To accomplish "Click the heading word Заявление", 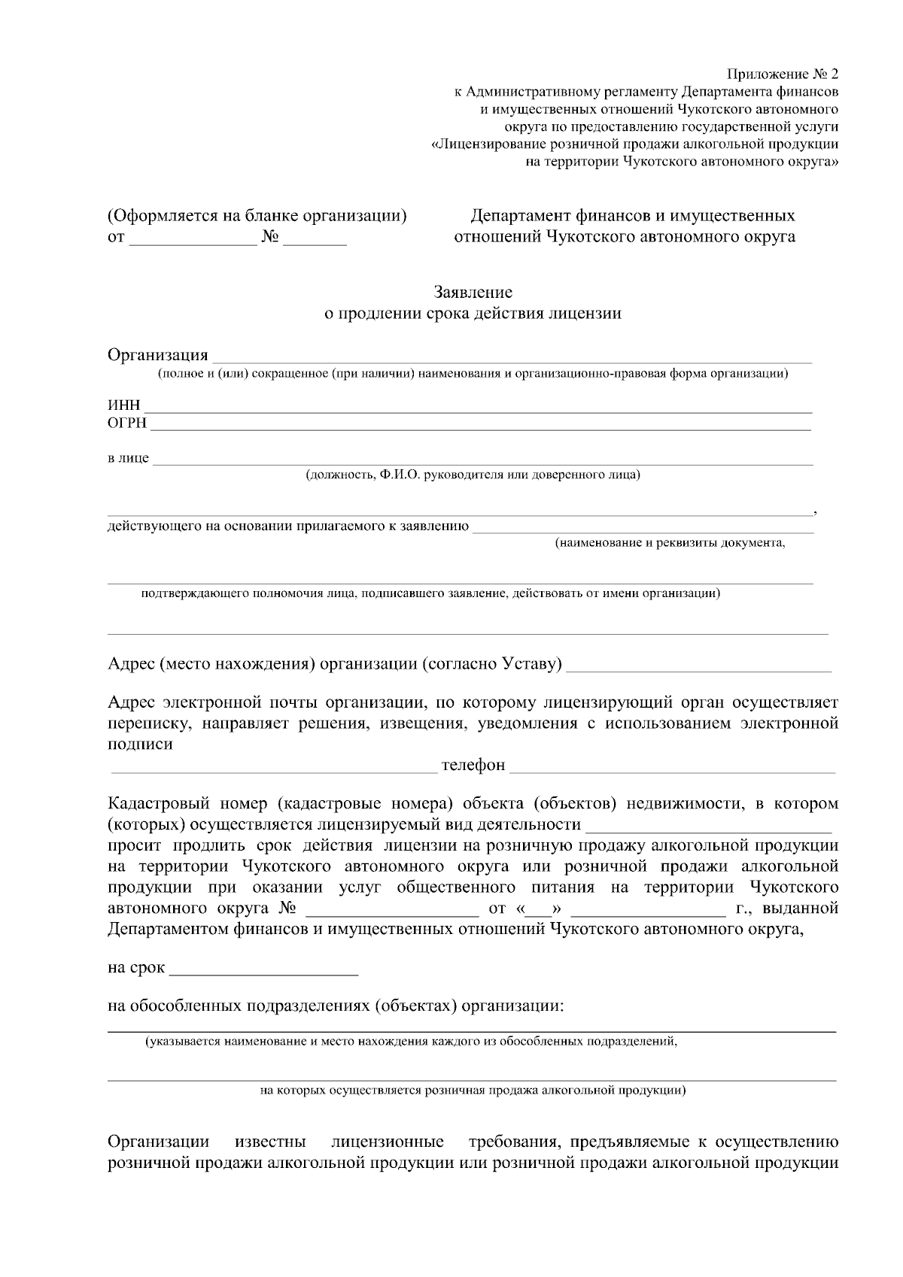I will click(473, 292).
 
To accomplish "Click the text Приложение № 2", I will click(782, 74).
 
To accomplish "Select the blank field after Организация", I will click(512, 356).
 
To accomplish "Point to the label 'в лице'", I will click(128, 458).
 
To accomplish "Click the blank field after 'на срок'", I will click(264, 969).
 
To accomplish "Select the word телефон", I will click(473, 766).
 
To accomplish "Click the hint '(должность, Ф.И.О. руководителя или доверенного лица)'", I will click(473, 475).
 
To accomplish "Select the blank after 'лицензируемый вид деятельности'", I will click(708, 827).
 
